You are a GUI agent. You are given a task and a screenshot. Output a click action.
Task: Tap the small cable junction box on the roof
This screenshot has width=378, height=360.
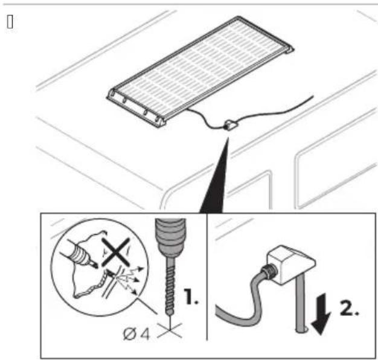[x=231, y=124]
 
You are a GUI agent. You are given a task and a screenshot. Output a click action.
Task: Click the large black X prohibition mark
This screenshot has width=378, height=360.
[x=115, y=252]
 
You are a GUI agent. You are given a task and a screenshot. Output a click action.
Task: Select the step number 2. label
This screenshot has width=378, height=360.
[x=349, y=307]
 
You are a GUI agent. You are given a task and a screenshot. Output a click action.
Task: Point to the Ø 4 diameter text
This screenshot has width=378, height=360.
[x=136, y=333]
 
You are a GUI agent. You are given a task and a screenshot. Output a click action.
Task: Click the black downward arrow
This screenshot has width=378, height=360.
[x=321, y=314]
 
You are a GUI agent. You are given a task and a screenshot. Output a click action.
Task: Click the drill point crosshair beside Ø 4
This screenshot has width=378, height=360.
[x=170, y=330]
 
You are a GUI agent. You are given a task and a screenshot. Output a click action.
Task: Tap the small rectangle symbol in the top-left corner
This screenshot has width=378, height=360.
[x=10, y=22]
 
